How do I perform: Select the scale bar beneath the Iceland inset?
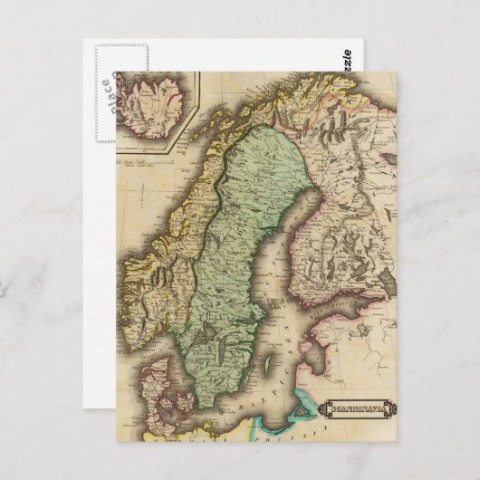pos(141,166)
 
